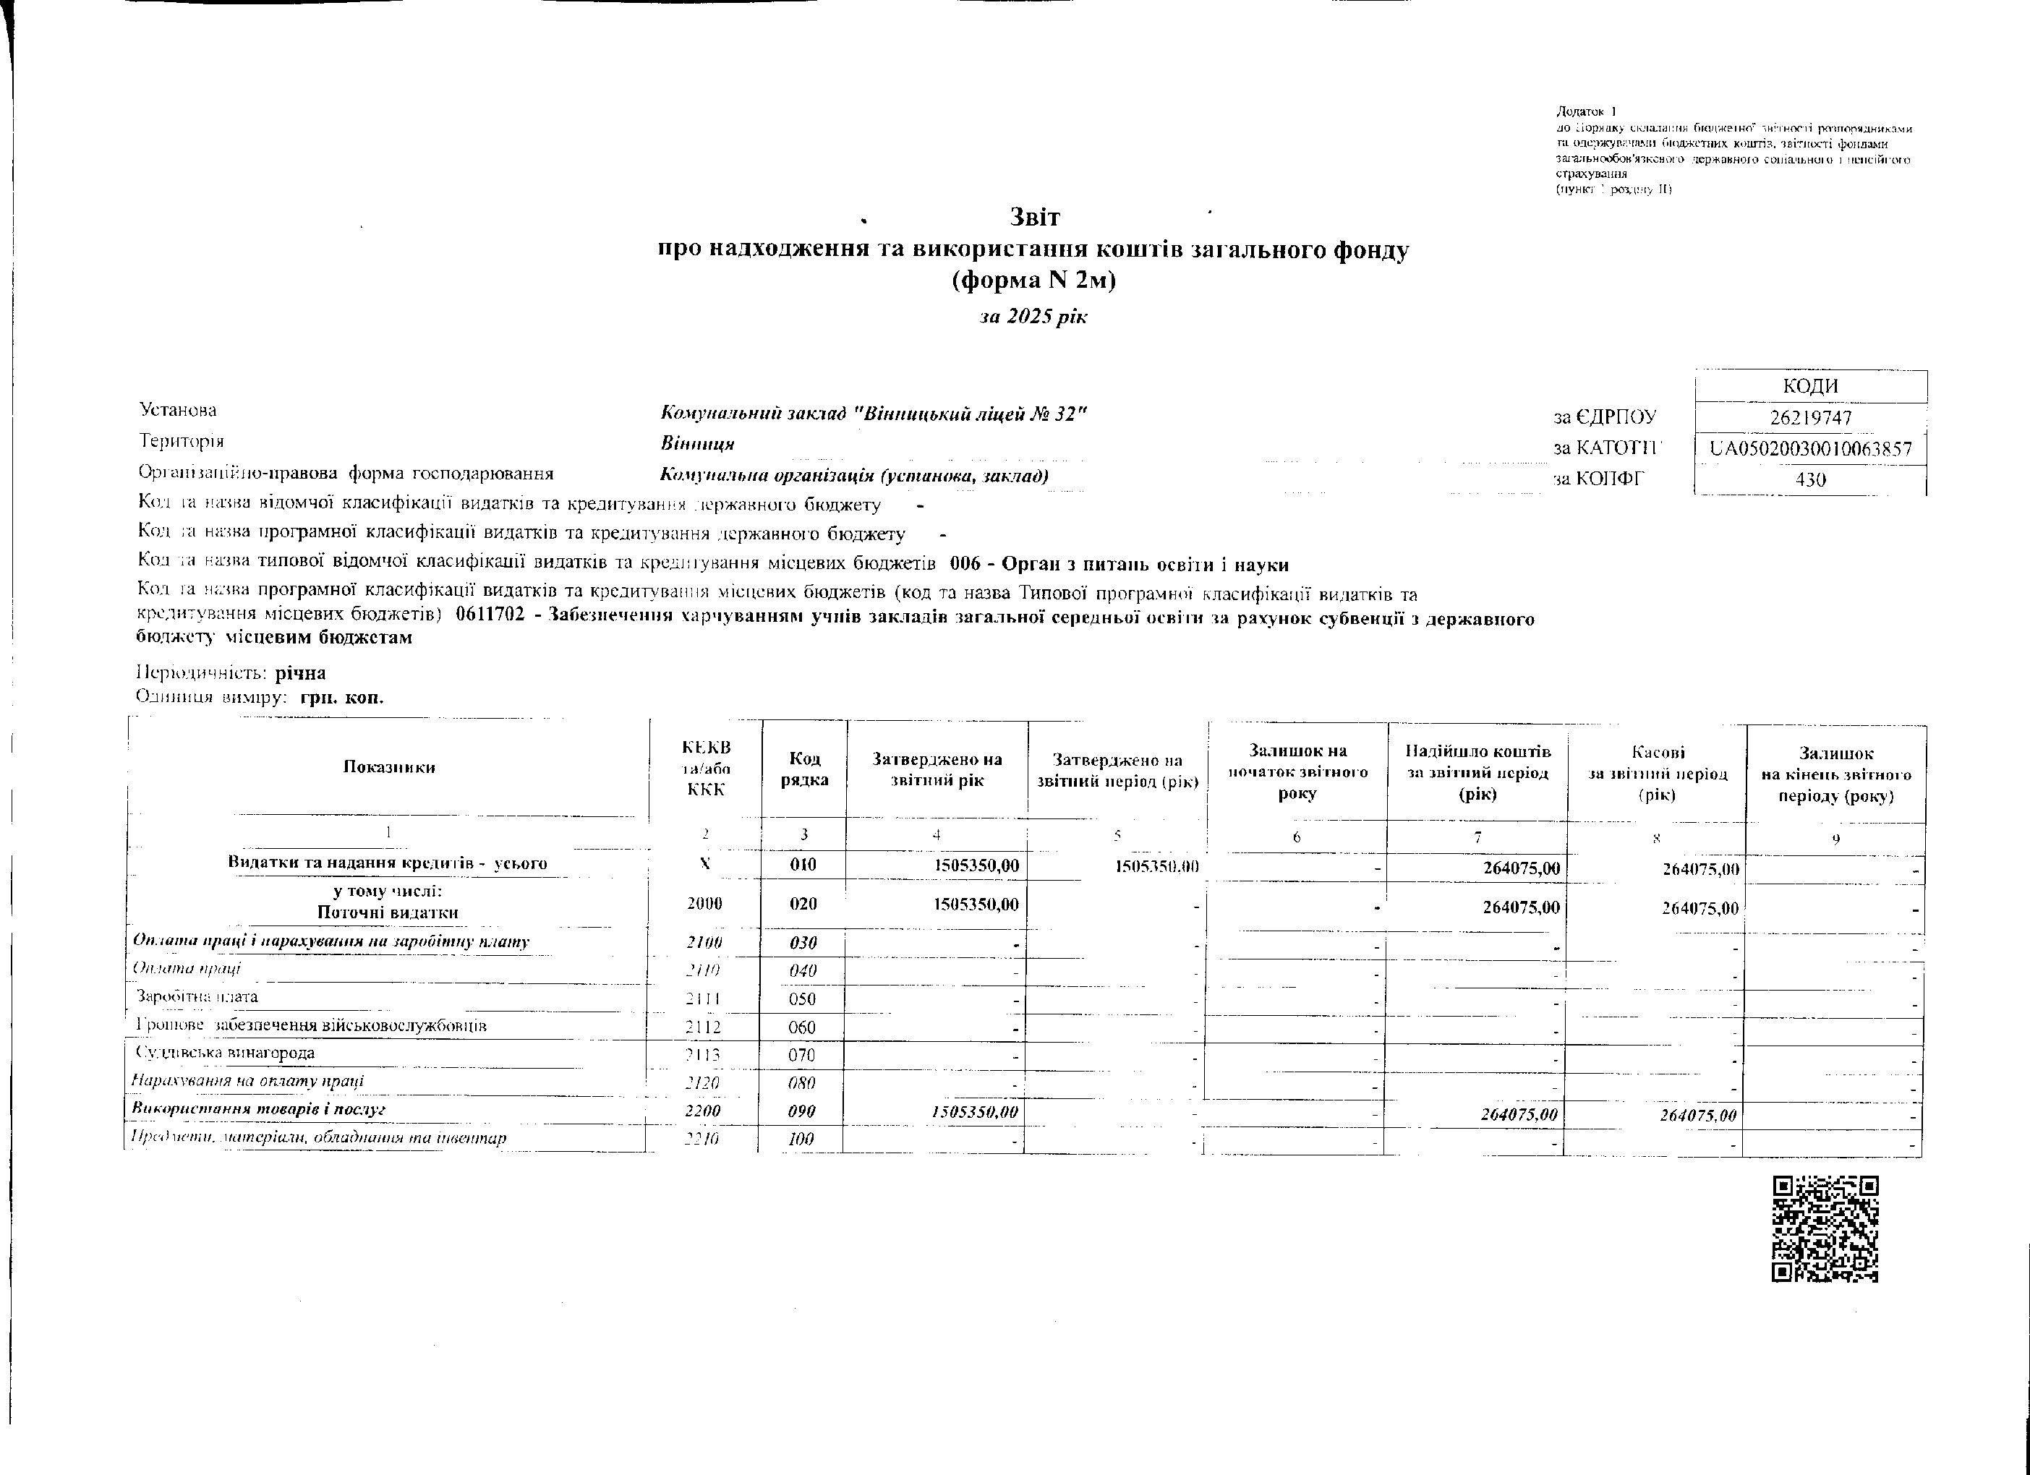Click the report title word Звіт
coord(1035,218)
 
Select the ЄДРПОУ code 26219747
coord(1811,418)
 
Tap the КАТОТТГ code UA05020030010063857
coord(1811,449)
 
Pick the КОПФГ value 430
coord(1811,479)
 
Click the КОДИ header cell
coord(1811,387)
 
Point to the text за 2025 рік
coord(1033,317)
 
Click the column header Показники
coord(389,767)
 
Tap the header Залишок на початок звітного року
coord(1297,771)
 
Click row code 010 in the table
coord(803,865)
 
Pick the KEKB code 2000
coord(704,904)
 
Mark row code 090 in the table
coord(803,1111)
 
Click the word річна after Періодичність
coord(301,673)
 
